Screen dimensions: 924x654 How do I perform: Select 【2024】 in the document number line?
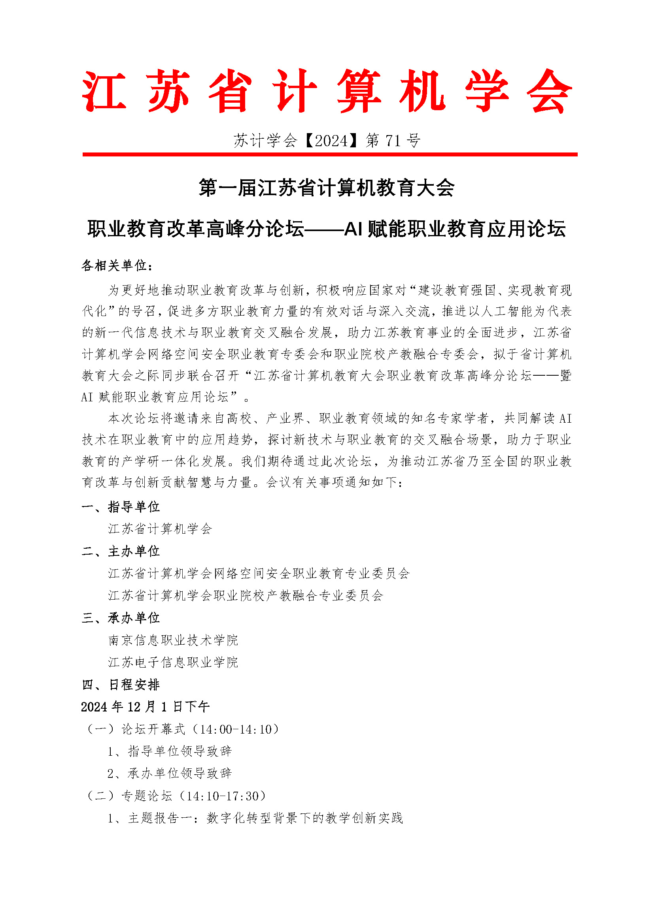click(331, 141)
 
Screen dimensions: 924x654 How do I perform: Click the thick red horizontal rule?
click(330, 154)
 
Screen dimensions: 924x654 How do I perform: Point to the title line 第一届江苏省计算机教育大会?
click(327, 188)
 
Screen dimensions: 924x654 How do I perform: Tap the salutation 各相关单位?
click(117, 265)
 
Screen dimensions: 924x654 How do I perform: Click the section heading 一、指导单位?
click(121, 507)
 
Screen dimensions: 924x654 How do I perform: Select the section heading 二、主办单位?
click(121, 551)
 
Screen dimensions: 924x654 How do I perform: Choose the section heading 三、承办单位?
click(121, 618)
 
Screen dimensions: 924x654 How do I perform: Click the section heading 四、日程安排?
click(121, 685)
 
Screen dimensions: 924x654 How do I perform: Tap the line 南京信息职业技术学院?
click(173, 640)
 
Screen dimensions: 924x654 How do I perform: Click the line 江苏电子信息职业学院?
click(173, 662)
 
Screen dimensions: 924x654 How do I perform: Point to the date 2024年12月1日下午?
click(145, 707)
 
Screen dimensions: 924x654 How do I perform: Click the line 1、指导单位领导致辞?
click(170, 751)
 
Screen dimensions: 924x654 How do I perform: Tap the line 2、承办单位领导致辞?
click(170, 773)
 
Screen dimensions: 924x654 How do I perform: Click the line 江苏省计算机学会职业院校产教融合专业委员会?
click(246, 596)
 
